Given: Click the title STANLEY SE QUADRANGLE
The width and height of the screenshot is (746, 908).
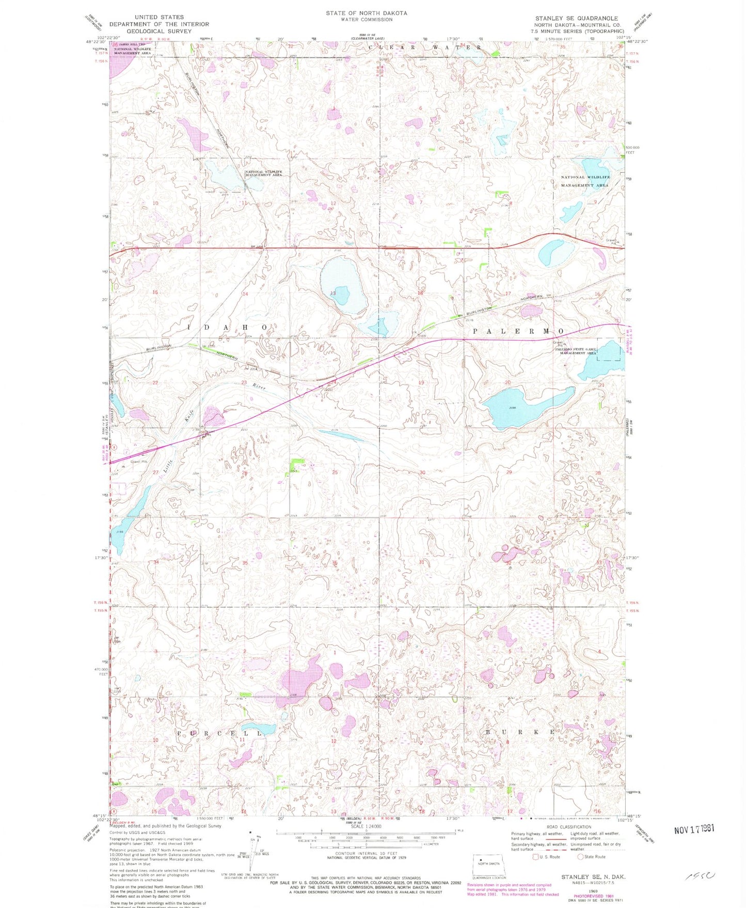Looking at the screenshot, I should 576,18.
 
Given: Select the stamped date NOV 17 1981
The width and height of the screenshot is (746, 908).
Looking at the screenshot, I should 694,828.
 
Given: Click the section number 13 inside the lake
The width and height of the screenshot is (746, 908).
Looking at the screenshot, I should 333,294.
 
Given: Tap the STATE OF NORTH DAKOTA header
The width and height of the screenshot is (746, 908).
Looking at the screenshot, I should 366,13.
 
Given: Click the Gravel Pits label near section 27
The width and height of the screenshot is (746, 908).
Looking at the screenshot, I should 138,461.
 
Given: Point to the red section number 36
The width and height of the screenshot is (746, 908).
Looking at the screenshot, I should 335,563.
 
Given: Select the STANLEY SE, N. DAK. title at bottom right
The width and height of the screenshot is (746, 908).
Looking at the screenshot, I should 593,877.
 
